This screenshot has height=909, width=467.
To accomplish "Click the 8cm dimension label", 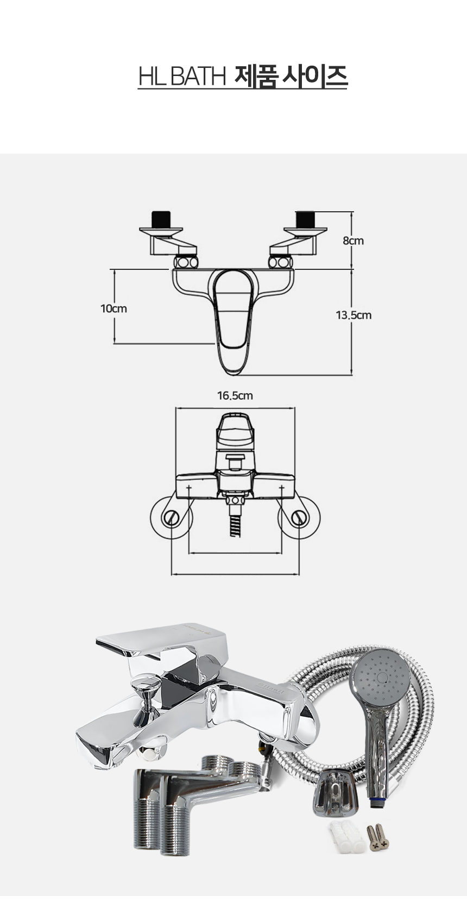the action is (x=353, y=241).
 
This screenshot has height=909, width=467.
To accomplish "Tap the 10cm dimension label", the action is (x=113, y=308).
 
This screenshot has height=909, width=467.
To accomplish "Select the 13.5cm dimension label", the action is (x=354, y=315).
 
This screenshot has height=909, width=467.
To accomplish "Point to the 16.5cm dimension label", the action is (x=235, y=395).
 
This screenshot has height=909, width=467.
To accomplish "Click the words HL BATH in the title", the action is (x=182, y=76).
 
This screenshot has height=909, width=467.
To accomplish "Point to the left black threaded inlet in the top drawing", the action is (x=161, y=219).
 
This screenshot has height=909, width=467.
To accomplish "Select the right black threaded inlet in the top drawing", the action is (x=305, y=219).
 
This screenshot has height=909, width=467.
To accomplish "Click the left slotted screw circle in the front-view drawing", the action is (x=171, y=518).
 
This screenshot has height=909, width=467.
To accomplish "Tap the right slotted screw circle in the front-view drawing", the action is (x=299, y=518).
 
